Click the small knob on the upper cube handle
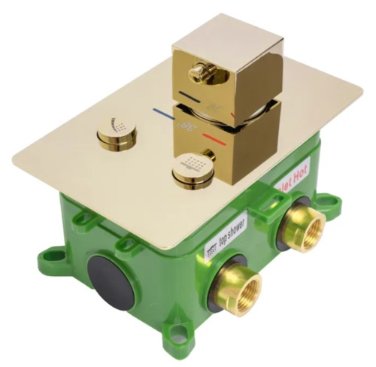pos(199,72)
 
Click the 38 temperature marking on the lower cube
pos(185,129)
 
